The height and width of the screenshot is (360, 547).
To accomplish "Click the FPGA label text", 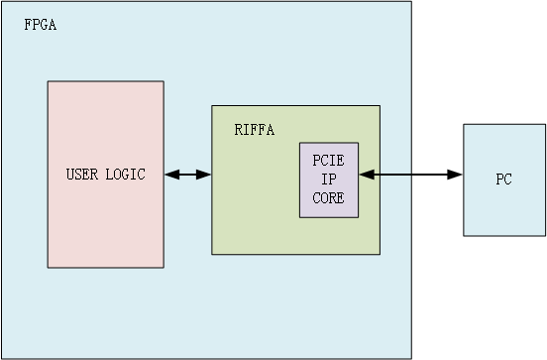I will pyautogui.click(x=41, y=25).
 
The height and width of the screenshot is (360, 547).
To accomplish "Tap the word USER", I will pyautogui.click(x=82, y=175).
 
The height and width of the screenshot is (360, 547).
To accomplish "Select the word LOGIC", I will pyautogui.click(x=126, y=175).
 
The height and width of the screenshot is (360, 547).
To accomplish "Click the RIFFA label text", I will pyautogui.click(x=255, y=130).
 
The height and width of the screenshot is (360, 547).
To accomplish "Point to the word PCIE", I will pyautogui.click(x=329, y=160).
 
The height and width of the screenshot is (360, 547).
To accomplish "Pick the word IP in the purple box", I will pyautogui.click(x=329, y=179).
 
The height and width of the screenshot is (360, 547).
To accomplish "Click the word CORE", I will pyautogui.click(x=329, y=197).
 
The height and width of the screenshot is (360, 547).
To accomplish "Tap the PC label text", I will pyautogui.click(x=503, y=180).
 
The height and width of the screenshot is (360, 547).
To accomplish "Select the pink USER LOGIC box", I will pyautogui.click(x=105, y=228).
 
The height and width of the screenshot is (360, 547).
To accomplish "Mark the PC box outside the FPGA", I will pyautogui.click(x=503, y=213).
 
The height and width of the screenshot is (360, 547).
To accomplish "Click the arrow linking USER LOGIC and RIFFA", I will pyautogui.click(x=188, y=175).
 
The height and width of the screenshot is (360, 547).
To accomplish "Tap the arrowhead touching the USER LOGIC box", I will pyautogui.click(x=170, y=175).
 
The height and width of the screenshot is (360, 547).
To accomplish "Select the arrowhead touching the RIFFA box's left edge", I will pyautogui.click(x=205, y=175).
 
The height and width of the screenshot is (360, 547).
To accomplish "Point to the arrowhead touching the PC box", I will pyautogui.click(x=457, y=175).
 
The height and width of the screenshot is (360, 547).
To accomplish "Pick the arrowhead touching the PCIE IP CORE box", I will pyautogui.click(x=365, y=175).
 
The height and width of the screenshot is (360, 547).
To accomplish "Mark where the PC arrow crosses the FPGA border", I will pyautogui.click(x=411, y=175).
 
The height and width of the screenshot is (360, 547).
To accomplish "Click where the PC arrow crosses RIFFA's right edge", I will pyautogui.click(x=380, y=175).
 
